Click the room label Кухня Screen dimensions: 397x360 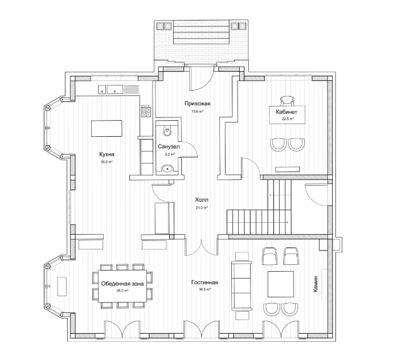click(x=107, y=154)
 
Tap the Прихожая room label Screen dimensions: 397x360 click(x=198, y=104)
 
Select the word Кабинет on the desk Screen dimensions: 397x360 click(x=287, y=112)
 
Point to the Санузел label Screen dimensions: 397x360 click(x=169, y=146)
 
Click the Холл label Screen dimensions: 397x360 click(x=202, y=200)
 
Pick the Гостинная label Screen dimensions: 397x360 click(x=204, y=283)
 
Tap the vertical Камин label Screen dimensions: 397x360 click(x=316, y=284)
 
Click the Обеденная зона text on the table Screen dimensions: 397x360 click(x=122, y=284)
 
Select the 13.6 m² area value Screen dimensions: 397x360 click(x=198, y=111)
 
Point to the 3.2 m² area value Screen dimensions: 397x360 click(x=169, y=154)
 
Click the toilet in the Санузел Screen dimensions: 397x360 click(x=167, y=130)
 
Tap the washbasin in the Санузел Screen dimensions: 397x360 click(x=167, y=169)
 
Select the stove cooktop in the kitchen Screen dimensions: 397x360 click(x=146, y=112)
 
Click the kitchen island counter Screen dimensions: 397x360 click(x=107, y=128)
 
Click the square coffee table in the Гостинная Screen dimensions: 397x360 click(x=281, y=284)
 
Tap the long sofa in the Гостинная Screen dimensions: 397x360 click(x=242, y=286)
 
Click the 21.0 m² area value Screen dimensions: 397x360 click(x=202, y=207)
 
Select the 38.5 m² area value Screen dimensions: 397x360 click(x=204, y=290)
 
